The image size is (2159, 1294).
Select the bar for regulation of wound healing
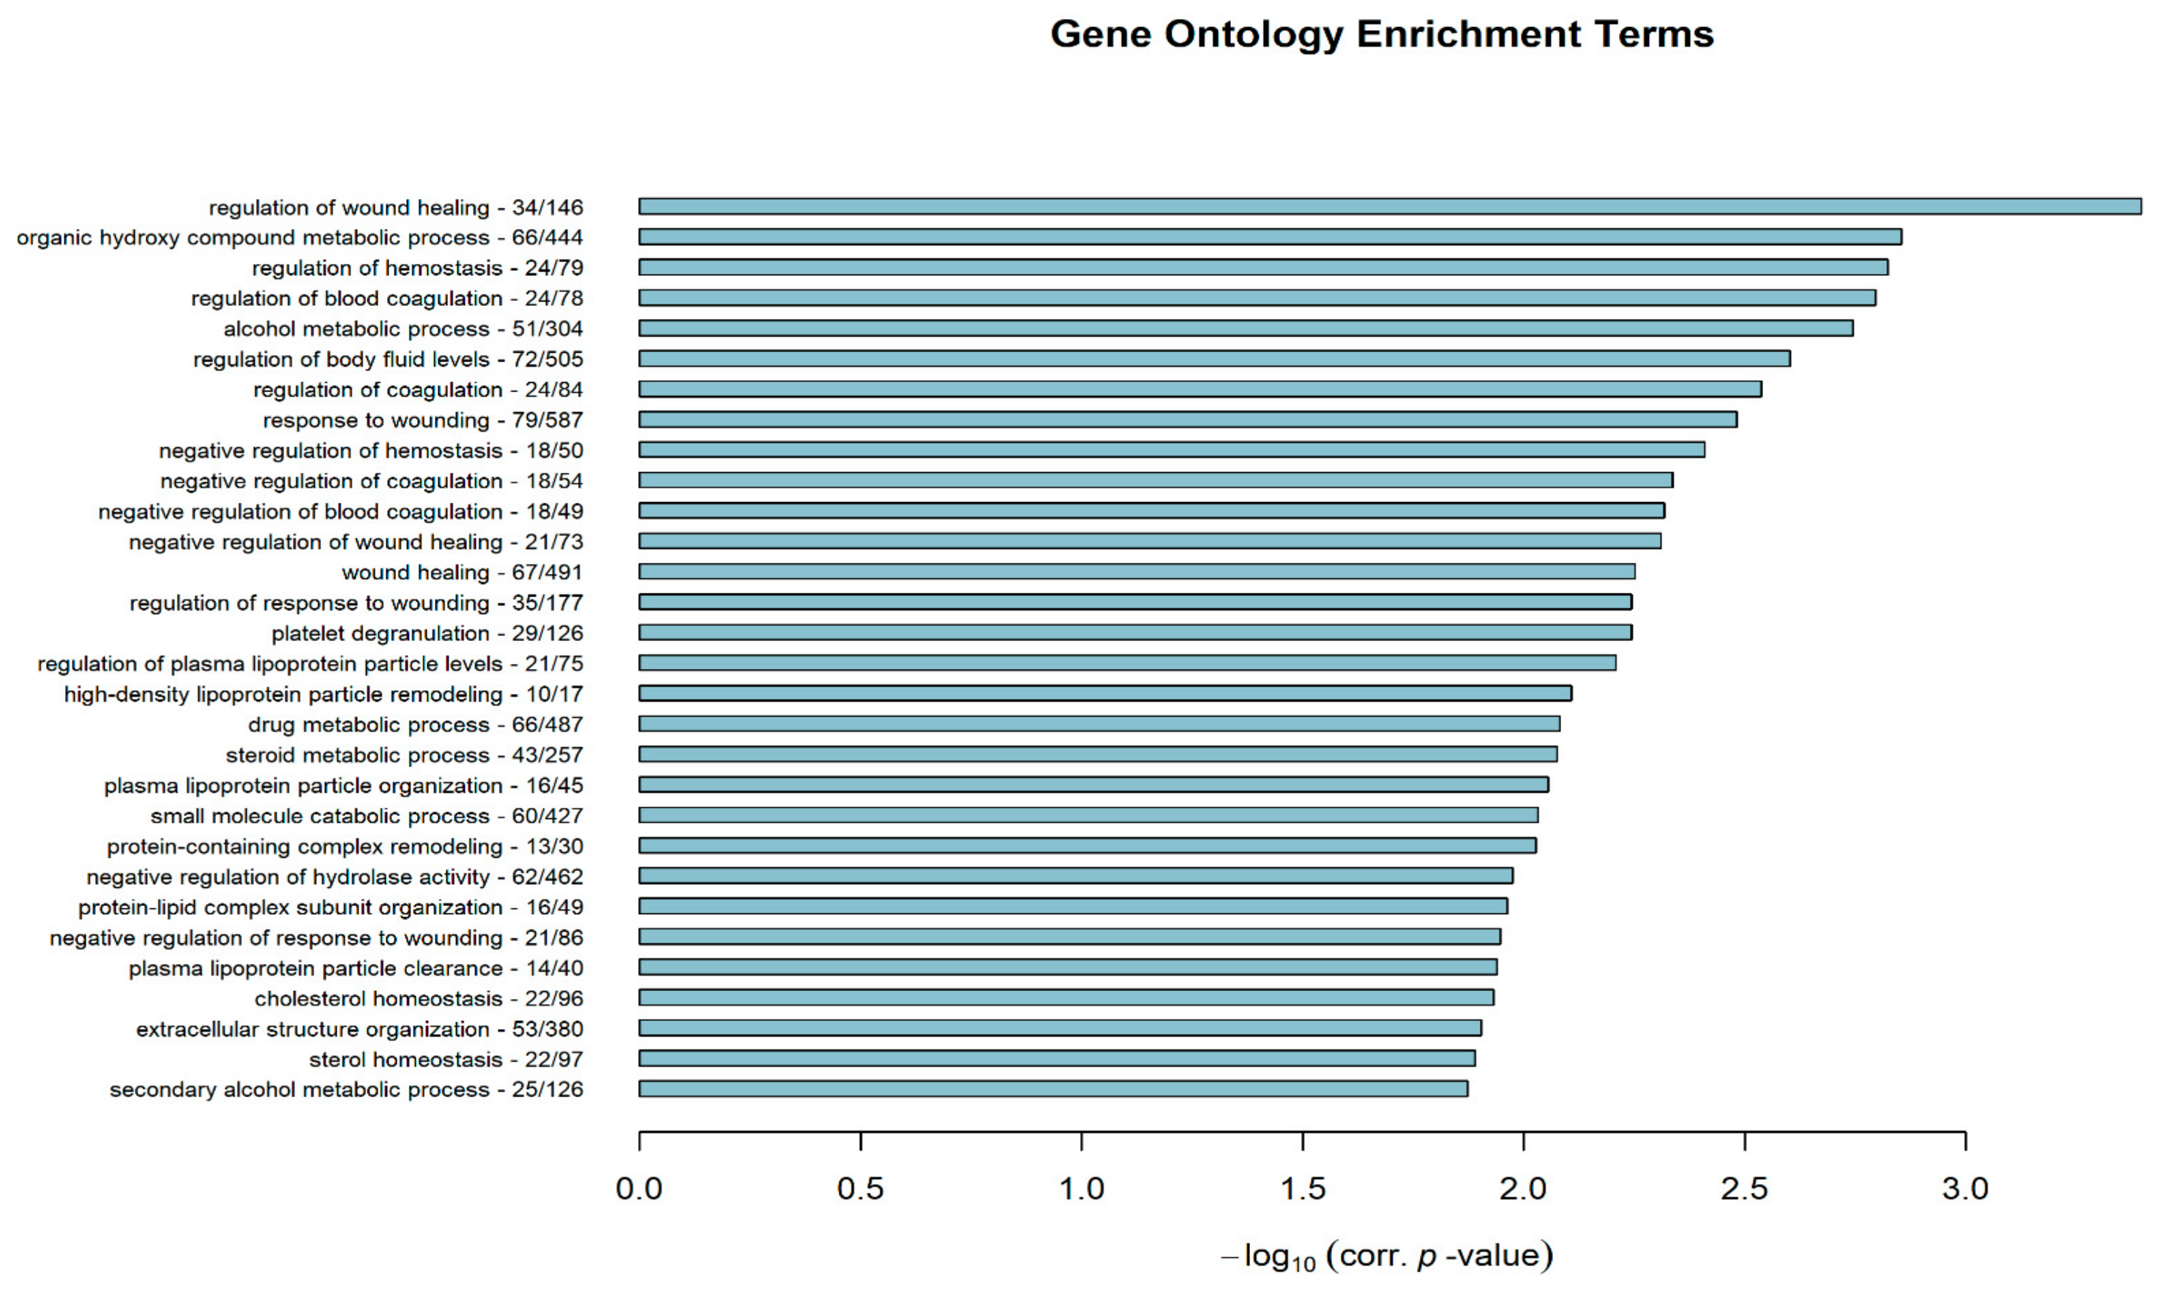pos(1389,206)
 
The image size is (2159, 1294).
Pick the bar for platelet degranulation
pos(1134,632)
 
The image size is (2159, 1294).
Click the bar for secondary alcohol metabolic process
pos(1052,1088)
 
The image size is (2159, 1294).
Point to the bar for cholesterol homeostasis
pos(1066,997)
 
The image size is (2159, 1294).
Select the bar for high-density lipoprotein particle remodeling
pos(1105,693)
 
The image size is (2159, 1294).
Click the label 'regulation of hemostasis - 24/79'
pos(418,268)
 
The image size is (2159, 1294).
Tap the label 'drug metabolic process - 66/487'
pos(415,725)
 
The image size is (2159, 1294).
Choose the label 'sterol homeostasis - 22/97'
pos(446,1060)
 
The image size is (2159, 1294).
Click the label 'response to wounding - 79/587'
pos(423,420)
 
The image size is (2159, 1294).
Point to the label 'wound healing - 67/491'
pos(462,573)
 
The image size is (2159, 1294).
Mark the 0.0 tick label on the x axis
pos(639,1189)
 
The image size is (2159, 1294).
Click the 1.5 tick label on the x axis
pos(1303,1189)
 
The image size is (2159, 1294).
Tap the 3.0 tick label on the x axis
pos(1966,1189)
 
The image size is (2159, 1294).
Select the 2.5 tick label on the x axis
pos(1745,1189)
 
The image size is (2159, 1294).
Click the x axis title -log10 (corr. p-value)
pos(1386,1257)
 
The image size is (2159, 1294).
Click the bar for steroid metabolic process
pos(1098,755)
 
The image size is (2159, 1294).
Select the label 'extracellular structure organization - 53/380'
pos(359,1029)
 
